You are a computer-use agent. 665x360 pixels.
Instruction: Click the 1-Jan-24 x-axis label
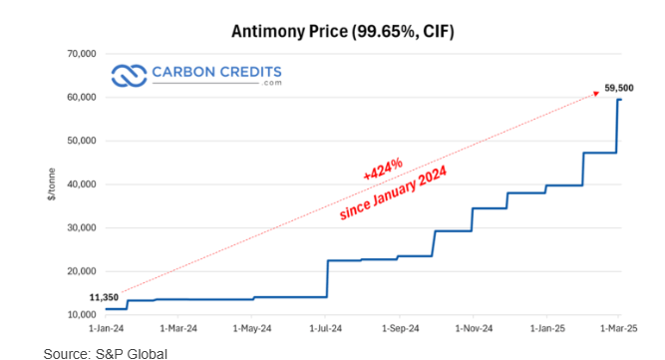point(107,327)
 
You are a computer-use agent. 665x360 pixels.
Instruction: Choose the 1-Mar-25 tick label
point(618,327)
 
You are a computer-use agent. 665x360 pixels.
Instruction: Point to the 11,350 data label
point(106,297)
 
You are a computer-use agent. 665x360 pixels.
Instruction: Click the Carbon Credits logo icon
point(129,75)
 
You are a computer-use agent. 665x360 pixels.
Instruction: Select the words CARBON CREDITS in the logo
point(216,72)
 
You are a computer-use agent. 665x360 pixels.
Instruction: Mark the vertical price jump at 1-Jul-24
point(327,278)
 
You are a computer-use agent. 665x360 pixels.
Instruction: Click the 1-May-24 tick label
point(252,327)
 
